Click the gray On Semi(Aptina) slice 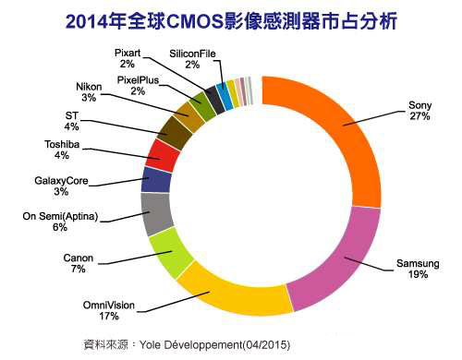coord(157,213)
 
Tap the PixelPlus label coord(139,80)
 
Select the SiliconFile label coord(192,54)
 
